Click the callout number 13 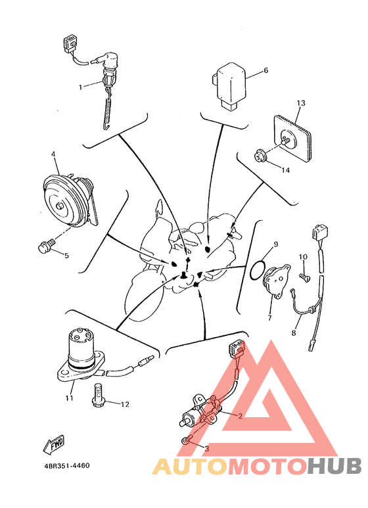pos(301,103)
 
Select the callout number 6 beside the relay pos(266,70)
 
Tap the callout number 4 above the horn pos(53,154)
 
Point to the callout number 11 pos(69,398)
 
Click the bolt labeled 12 pos(98,396)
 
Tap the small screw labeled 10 pos(304,277)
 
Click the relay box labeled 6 pos(229,86)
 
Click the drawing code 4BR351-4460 pos(67,465)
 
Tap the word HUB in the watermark pos(334,466)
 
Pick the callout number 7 pos(269,318)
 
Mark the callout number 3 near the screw pos(207,449)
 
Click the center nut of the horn pos(59,206)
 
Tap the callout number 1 pos(80,87)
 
